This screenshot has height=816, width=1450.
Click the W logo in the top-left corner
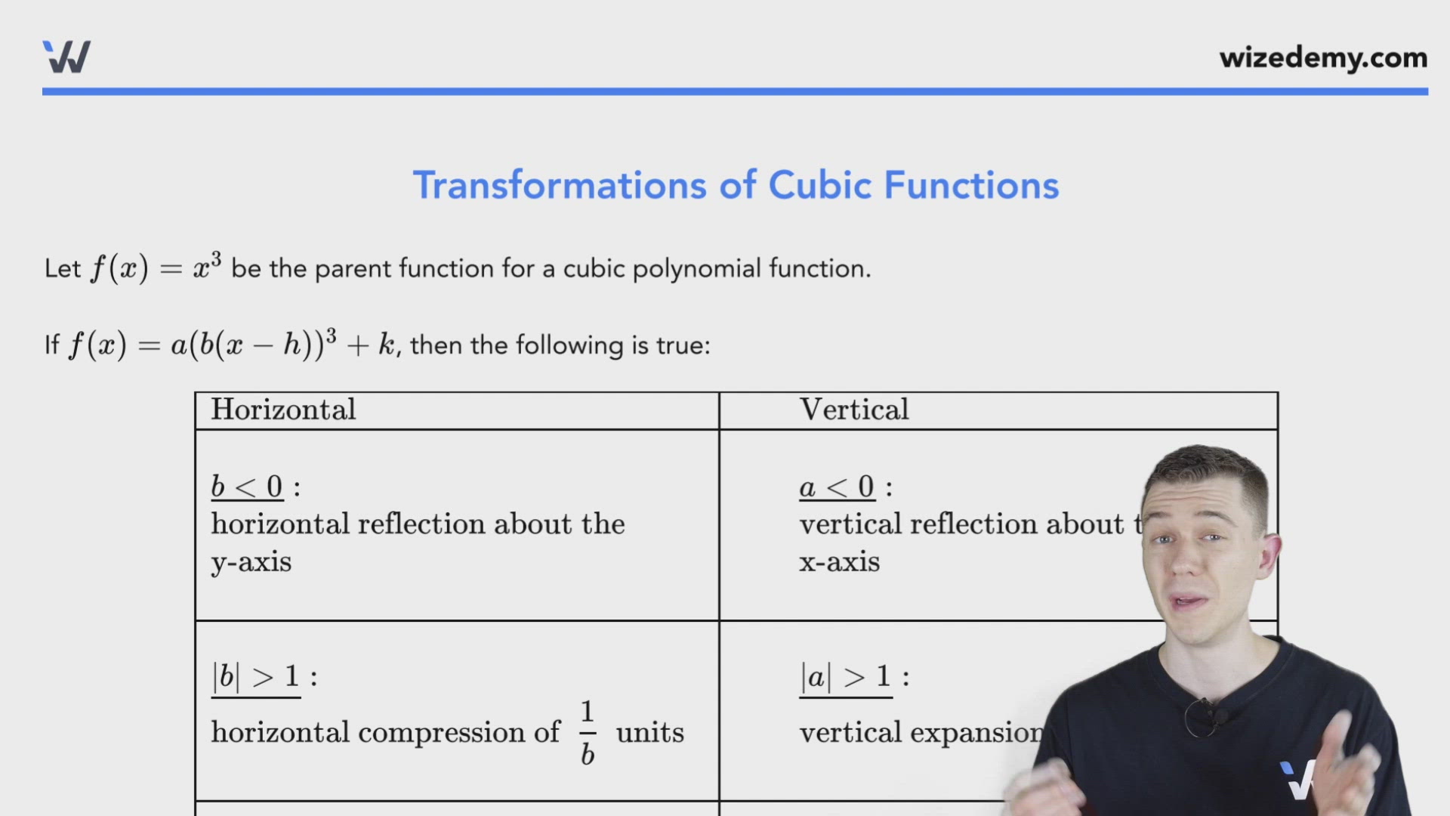pos(66,57)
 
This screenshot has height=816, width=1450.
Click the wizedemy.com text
pos(1323,58)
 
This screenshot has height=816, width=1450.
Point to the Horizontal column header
pos(283,410)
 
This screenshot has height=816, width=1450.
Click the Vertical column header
pos(854,410)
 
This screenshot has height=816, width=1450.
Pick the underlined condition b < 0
pos(247,487)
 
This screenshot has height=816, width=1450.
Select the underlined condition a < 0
pos(837,487)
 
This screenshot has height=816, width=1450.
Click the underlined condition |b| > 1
pos(256,676)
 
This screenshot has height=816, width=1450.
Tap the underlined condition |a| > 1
pos(846,676)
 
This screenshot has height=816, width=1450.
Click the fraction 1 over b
pos(588,732)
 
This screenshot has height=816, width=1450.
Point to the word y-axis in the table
pos(251,562)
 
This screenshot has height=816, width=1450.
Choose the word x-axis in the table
pos(840,562)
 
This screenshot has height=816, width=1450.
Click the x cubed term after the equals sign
pos(207,267)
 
